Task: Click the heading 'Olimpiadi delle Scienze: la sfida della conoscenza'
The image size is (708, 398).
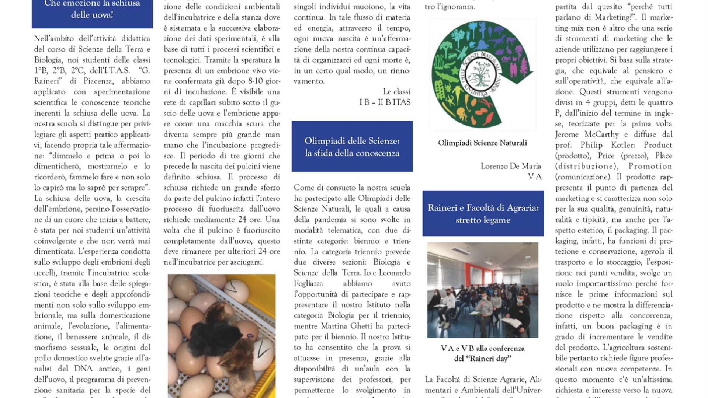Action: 352,147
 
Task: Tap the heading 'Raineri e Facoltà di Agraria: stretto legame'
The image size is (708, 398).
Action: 483,214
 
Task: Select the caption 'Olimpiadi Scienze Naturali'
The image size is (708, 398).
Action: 482,143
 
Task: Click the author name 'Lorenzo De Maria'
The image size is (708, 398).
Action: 511,166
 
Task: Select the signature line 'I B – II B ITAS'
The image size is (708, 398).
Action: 385,102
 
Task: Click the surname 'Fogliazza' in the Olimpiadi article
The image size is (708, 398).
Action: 308,284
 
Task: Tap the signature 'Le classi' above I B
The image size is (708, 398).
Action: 396,92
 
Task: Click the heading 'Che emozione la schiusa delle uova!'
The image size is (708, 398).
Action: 92,10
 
